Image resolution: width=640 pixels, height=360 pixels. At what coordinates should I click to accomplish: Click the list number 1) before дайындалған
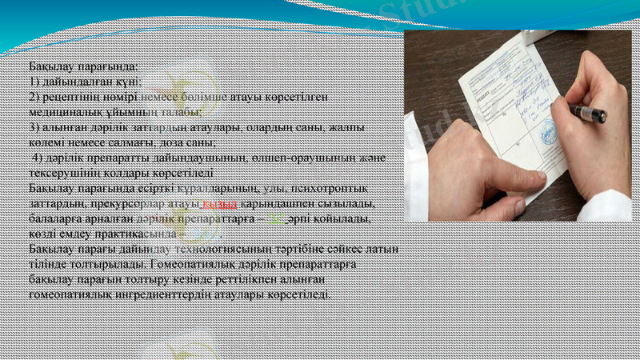point(34,82)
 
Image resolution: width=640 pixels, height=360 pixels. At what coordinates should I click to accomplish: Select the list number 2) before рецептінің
point(34,96)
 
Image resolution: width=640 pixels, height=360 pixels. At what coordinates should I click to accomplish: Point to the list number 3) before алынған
point(34,127)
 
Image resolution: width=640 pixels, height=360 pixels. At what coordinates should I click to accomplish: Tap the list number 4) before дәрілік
point(38,158)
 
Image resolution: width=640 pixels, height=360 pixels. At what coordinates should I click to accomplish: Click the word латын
point(385,249)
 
